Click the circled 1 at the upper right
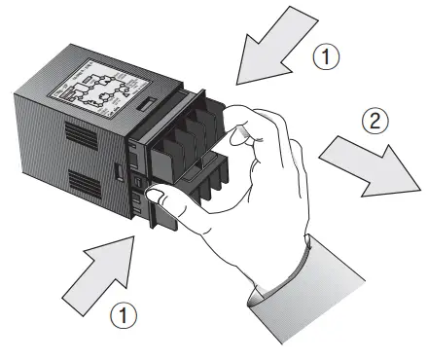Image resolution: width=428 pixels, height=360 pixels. tap(331, 57)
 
